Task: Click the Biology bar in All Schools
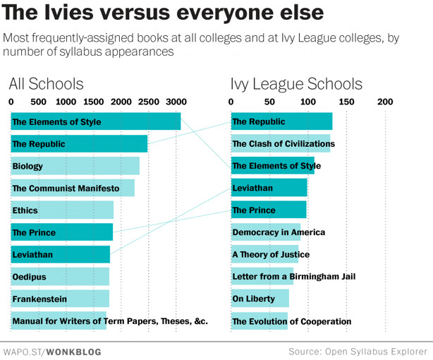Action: pos(75,166)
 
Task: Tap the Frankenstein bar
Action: pos(60,299)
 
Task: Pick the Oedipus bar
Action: pos(60,277)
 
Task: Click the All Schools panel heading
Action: pos(46,84)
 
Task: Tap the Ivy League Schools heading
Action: pos(296,84)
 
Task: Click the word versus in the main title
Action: pos(118,13)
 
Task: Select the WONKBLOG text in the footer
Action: pos(74,351)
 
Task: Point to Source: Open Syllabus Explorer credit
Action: pos(358,351)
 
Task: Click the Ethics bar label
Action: pos(25,210)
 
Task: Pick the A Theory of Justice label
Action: pos(271,255)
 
